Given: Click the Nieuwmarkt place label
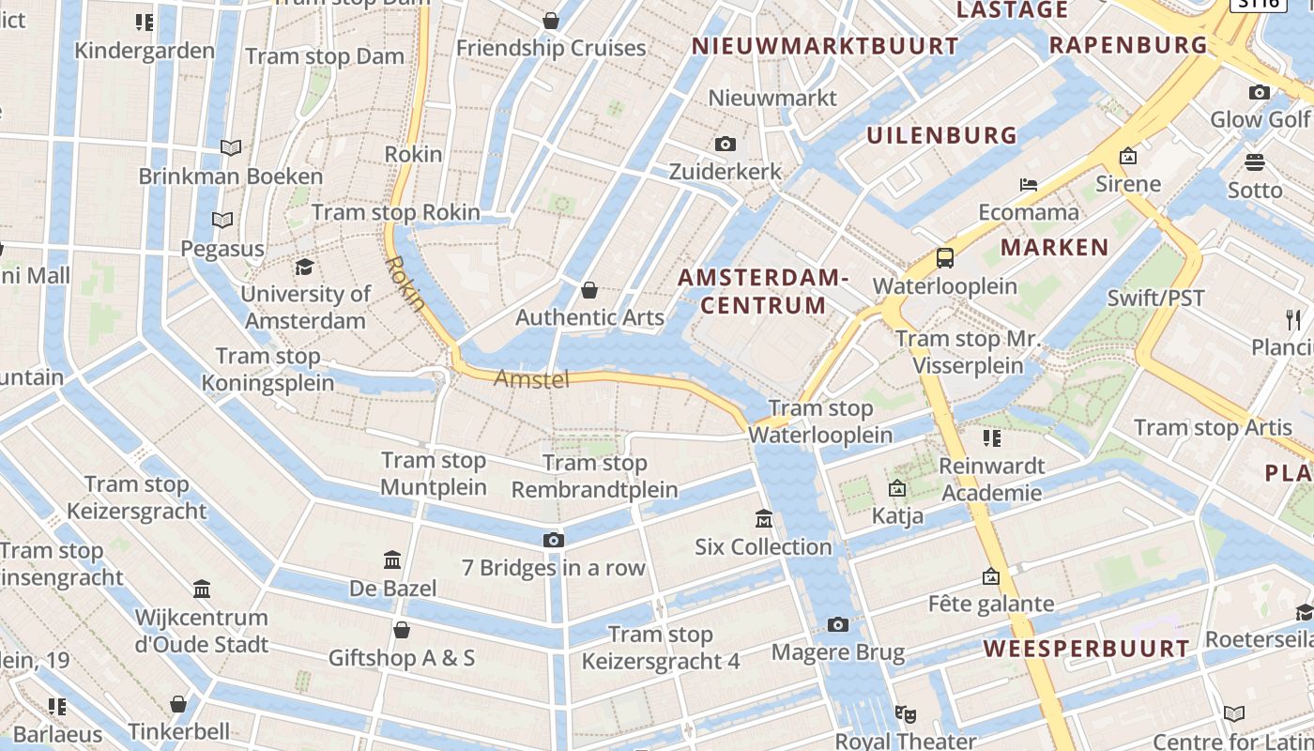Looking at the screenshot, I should [772, 98].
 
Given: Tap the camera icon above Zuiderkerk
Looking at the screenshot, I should [725, 144].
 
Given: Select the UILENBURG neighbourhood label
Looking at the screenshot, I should [941, 135].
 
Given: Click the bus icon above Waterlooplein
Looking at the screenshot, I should [945, 258].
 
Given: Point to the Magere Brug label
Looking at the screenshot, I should [838, 652].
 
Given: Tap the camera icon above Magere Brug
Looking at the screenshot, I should [838, 624].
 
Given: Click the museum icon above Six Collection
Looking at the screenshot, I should [764, 518].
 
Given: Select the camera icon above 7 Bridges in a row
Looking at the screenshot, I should [554, 540].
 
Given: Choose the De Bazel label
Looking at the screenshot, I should [393, 589].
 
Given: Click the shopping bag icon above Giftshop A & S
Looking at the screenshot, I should [402, 629].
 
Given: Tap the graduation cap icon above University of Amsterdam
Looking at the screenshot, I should [304, 268].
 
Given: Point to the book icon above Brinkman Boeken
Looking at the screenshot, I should [231, 147].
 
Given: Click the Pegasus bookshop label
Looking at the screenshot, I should [222, 249].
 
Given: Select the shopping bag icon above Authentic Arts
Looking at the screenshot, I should [589, 289].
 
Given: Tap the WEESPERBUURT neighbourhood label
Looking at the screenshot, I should [1086, 649].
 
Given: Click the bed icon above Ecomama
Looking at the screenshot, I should [1029, 184].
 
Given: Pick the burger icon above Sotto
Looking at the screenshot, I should [1255, 162].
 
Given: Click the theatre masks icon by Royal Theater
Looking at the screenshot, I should [905, 714].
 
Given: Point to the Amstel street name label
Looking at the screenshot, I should [531, 379].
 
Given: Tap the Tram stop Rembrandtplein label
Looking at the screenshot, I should [595, 476].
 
